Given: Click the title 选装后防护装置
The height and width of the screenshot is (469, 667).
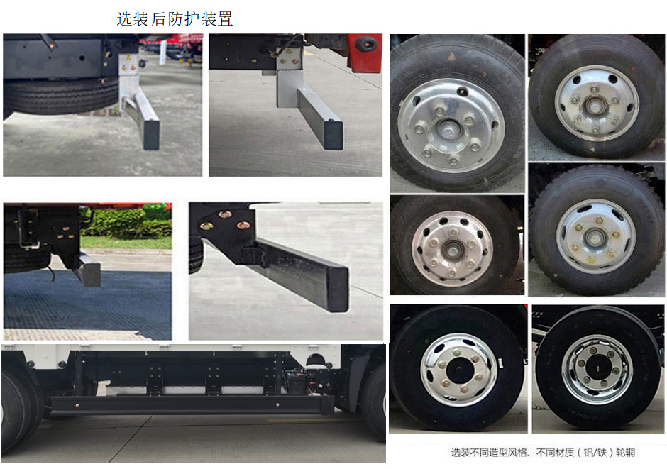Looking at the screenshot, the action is (x=175, y=18).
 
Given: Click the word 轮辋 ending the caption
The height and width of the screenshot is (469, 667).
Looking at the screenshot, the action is (x=625, y=453).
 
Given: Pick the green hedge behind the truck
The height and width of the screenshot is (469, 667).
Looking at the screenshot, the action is (x=126, y=222).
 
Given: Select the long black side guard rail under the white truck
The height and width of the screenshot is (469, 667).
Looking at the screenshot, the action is (x=192, y=404).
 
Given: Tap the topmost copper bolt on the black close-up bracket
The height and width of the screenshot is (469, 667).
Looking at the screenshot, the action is (x=225, y=214).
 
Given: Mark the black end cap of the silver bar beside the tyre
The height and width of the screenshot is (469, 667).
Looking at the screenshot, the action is (x=151, y=134).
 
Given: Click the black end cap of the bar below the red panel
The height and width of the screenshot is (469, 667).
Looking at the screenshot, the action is (x=333, y=135).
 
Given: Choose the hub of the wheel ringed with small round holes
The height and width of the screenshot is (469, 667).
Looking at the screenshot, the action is (x=452, y=250).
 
